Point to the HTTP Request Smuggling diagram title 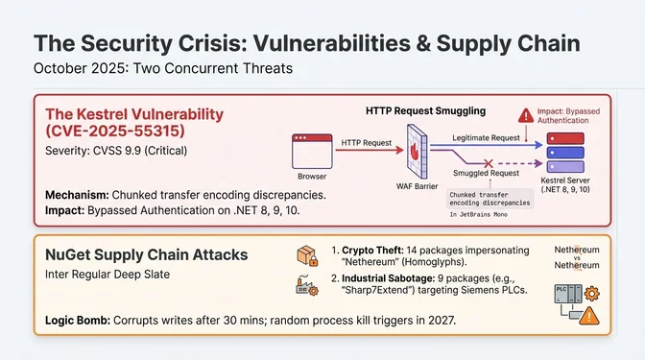(427, 110)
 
